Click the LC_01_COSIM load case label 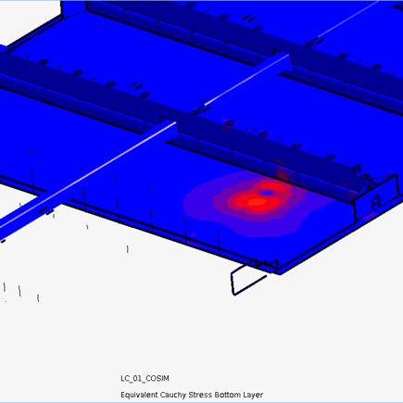145,378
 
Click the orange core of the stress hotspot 257,202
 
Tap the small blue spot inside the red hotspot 266,193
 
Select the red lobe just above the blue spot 271,186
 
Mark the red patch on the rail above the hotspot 283,175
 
